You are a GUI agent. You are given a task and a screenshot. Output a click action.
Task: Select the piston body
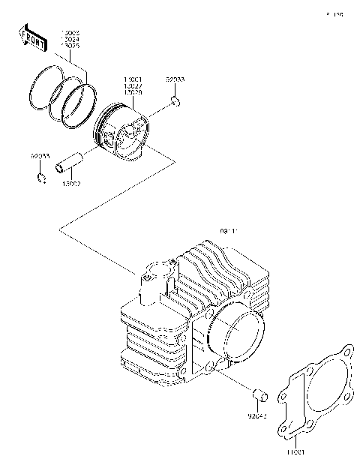pos(124,135)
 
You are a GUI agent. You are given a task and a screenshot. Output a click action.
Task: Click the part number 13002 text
pos(73,183)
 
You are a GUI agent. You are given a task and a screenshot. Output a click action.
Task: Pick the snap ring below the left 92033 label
pos(42,177)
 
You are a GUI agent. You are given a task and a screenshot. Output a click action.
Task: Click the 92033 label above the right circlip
pos(174,78)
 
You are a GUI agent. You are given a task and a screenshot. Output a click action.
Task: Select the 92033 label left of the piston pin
pos(40,156)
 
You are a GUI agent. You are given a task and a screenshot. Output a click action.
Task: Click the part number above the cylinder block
pos(228,232)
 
